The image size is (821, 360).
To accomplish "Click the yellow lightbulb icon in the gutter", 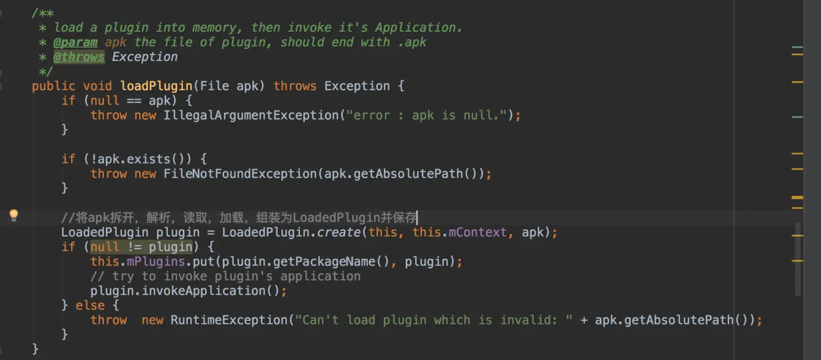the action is (x=14, y=215).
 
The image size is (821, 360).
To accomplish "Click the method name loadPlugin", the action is (x=156, y=86).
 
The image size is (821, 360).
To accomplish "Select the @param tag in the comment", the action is (x=76, y=42).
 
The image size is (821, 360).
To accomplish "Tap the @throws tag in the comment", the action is (x=79, y=57).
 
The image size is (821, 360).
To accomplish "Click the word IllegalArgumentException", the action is (x=251, y=115).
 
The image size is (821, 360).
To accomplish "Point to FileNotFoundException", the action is (x=240, y=174).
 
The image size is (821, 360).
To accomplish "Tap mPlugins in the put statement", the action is (x=155, y=262).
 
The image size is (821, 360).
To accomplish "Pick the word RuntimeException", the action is (x=229, y=320).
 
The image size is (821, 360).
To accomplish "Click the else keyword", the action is (x=90, y=305).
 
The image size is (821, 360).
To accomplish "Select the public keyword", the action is (x=53, y=86).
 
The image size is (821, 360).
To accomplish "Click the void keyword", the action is (x=97, y=86).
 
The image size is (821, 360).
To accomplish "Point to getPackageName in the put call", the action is (x=323, y=262).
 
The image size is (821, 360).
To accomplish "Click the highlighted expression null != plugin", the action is (x=141, y=247).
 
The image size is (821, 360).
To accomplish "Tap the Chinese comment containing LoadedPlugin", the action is (x=239, y=218).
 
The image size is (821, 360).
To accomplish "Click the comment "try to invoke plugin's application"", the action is (x=226, y=276).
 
